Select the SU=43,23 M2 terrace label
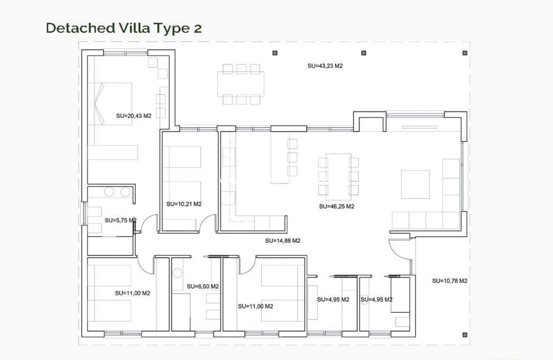point(325,66)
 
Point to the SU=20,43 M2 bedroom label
point(133,116)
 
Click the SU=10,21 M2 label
point(184,205)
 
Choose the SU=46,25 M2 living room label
point(336,207)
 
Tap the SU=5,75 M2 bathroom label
point(120,220)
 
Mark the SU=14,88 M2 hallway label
point(283,241)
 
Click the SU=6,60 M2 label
point(203,287)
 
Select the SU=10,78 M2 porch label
point(450,281)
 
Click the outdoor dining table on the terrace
point(241,84)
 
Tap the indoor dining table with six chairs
point(338,176)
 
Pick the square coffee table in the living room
point(415,184)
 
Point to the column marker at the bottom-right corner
point(465,334)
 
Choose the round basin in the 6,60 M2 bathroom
point(177,273)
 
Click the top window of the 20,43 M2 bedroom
point(125,53)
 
